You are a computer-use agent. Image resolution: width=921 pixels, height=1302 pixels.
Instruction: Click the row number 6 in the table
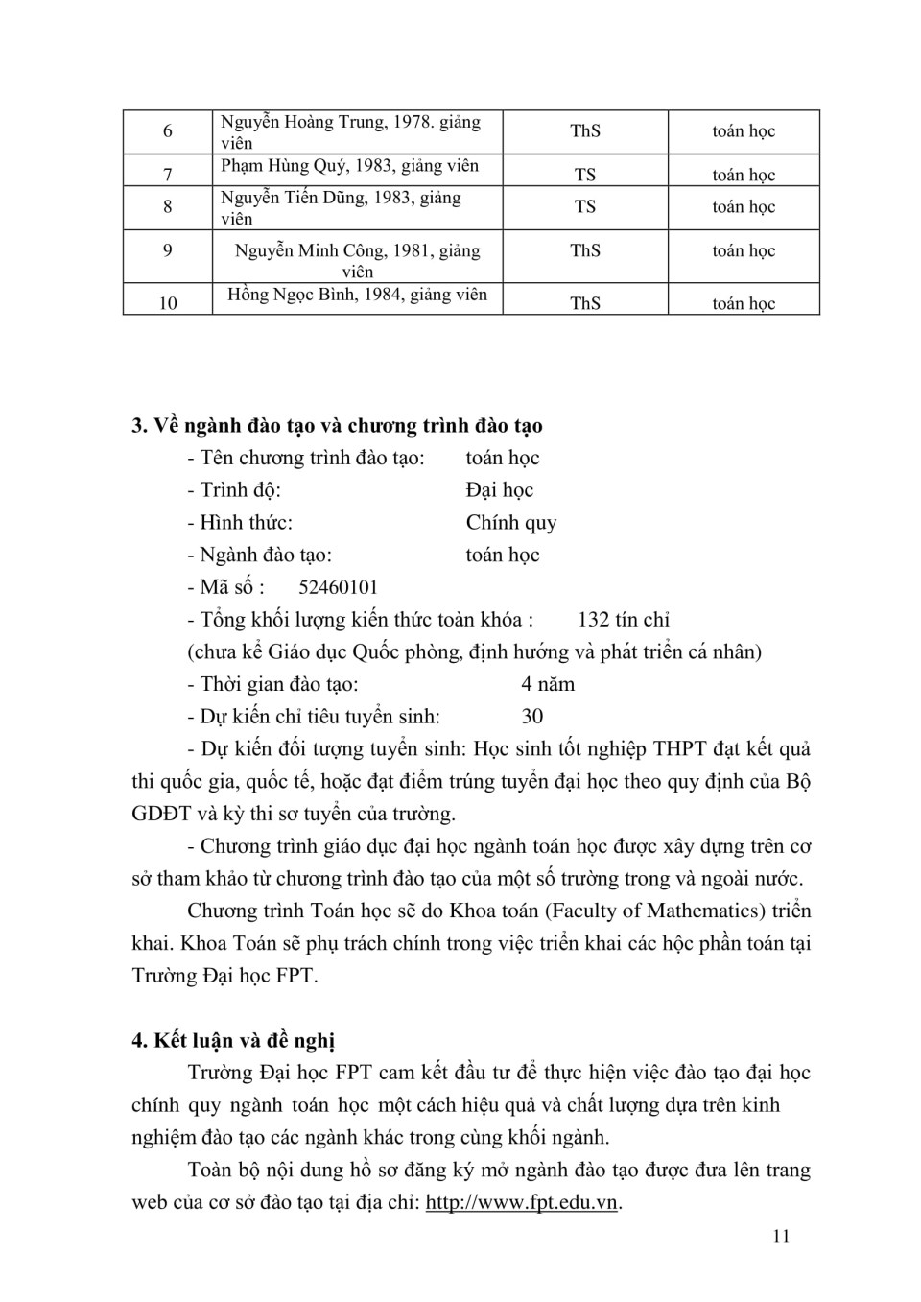click(168, 131)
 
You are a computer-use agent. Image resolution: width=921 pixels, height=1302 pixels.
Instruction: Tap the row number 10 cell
click(168, 303)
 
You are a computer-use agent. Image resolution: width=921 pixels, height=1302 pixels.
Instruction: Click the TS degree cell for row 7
click(585, 175)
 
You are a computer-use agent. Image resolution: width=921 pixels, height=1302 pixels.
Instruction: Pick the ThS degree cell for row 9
click(585, 250)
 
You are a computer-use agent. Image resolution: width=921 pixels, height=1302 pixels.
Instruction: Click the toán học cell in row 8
click(744, 207)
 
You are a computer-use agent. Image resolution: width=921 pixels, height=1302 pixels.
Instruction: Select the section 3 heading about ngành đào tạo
click(337, 426)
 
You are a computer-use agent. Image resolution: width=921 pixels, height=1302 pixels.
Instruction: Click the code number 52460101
click(339, 587)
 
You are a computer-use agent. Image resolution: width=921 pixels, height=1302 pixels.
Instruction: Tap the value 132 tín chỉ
click(624, 620)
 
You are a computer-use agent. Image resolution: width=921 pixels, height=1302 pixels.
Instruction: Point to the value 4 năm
click(548, 684)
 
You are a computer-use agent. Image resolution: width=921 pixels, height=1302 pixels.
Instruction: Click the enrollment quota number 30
click(532, 717)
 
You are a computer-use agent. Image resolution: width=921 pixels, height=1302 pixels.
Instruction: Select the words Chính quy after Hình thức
click(511, 523)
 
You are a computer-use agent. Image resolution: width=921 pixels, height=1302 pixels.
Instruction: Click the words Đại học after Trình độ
click(500, 490)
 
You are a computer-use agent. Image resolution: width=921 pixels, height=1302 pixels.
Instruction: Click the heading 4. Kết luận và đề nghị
click(233, 1041)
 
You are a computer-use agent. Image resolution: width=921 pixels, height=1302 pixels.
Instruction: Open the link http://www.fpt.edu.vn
click(521, 1202)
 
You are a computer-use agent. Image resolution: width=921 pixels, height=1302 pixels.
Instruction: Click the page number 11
click(781, 1236)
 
